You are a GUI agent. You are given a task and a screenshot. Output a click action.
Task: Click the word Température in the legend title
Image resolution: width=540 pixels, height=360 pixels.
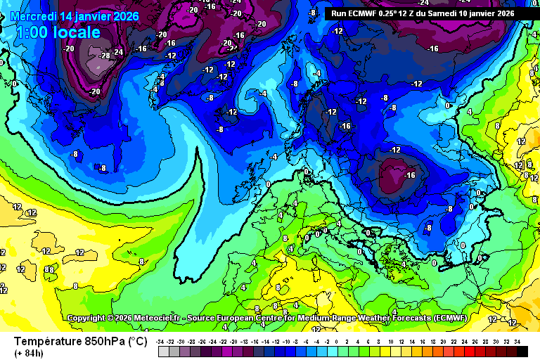point(45,341)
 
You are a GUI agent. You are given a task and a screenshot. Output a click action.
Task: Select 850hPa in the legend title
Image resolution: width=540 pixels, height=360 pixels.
point(101,341)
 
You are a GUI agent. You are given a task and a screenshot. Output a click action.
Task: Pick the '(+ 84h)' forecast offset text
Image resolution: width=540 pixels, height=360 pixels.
point(29,353)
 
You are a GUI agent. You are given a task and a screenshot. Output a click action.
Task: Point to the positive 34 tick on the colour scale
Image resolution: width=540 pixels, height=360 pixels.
point(517,341)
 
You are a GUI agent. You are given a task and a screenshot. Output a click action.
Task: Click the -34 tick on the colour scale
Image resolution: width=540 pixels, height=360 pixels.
point(162,341)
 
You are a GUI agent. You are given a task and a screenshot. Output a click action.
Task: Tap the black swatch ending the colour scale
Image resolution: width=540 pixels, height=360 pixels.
point(521,351)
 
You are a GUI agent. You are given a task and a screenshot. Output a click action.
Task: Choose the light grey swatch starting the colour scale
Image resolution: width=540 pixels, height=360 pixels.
point(163,351)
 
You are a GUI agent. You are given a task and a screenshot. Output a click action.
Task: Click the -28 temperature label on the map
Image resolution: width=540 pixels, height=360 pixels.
point(104,56)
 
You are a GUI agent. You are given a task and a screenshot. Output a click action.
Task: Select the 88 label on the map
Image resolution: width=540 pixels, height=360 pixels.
point(49,269)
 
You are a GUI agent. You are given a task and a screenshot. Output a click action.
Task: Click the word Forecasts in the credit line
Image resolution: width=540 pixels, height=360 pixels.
point(402,318)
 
